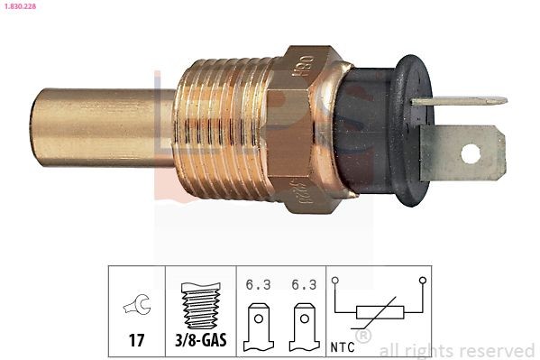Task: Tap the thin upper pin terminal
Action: pyautogui.click(x=455, y=101)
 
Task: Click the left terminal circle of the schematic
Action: pyautogui.click(x=335, y=282)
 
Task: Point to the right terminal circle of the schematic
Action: pyautogui.click(x=421, y=282)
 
